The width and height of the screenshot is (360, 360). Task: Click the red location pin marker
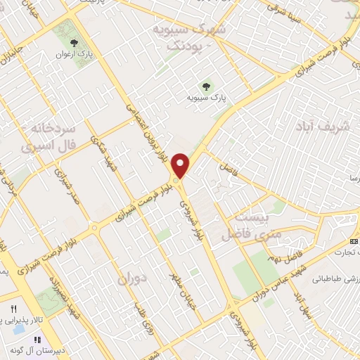[x=182, y=165]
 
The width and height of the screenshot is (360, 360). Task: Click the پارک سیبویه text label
[x=204, y=98]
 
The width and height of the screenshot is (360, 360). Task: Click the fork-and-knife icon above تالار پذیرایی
[x=13, y=310]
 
